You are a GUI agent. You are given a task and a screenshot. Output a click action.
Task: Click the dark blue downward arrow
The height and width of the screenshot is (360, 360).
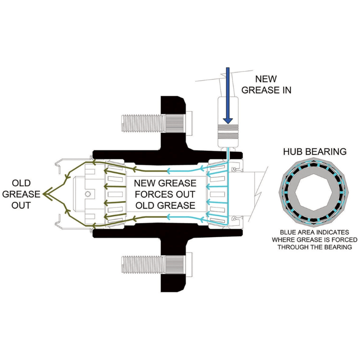[x=228, y=95]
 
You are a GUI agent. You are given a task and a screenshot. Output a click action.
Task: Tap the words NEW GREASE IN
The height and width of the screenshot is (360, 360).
[x=266, y=84]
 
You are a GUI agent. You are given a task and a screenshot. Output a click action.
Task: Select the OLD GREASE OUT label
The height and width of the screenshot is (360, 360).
[x=21, y=194]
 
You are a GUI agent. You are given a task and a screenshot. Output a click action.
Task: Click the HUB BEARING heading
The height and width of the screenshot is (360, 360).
[x=315, y=152]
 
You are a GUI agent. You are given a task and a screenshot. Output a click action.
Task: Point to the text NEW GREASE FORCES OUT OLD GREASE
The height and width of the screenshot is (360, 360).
[x=165, y=194]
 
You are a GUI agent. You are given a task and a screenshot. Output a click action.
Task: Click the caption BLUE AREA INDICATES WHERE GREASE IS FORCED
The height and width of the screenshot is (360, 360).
[x=315, y=236]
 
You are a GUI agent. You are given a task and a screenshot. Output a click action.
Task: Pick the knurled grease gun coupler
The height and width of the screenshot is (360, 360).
[x=228, y=132]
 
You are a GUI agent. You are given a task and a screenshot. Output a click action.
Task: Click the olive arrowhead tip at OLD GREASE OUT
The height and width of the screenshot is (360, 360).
[x=43, y=194]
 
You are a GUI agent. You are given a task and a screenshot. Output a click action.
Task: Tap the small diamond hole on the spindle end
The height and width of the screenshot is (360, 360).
[x=88, y=194]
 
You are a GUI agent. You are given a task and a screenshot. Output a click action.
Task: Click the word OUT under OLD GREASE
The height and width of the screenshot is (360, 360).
[x=21, y=205]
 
